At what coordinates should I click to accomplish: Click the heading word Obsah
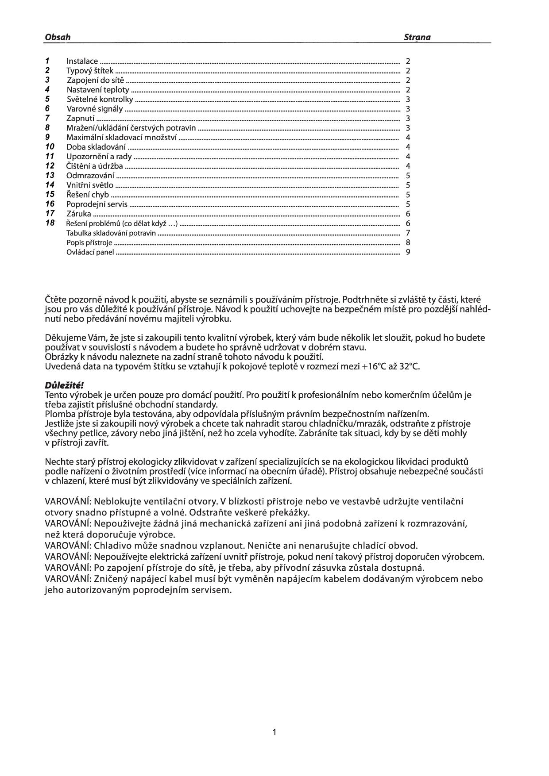click(x=58, y=37)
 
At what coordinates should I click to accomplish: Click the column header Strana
click(x=417, y=37)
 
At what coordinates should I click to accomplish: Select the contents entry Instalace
click(x=82, y=61)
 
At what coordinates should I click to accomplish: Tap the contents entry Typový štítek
click(x=90, y=71)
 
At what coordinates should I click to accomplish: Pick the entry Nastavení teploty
click(x=98, y=90)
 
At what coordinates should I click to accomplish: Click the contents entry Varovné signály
click(x=95, y=109)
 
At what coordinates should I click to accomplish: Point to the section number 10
click(x=50, y=146)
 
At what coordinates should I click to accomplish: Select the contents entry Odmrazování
click(x=90, y=176)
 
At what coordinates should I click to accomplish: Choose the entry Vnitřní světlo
click(x=89, y=185)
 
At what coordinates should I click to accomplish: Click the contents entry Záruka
click(x=78, y=214)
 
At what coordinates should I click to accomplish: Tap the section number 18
click(x=50, y=223)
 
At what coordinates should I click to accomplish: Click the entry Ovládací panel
click(x=90, y=252)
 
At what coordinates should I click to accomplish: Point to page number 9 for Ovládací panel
click(x=408, y=252)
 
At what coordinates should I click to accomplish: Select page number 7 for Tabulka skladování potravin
click(x=408, y=233)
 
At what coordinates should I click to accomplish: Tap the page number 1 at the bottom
click(x=274, y=732)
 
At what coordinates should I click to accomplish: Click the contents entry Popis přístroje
click(x=89, y=242)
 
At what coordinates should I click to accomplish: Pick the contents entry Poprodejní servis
click(x=97, y=204)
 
